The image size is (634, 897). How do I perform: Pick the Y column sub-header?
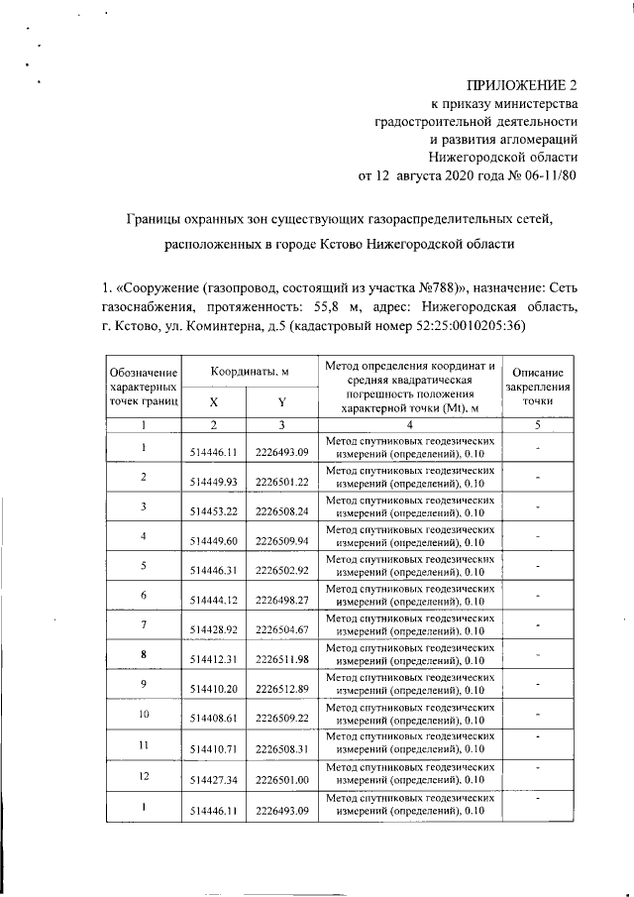281,402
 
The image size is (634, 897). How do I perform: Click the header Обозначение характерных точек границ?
144,387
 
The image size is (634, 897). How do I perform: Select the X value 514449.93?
210,483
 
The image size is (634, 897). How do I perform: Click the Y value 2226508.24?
282,512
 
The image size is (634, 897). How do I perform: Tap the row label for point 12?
144,776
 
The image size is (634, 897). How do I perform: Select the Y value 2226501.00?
282,781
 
